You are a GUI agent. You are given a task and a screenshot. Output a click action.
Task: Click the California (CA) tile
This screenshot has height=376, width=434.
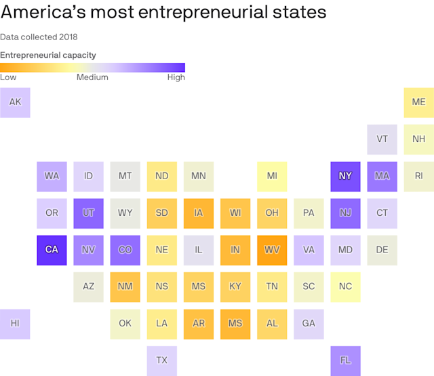52,250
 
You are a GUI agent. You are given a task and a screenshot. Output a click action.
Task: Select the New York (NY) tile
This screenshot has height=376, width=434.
345,176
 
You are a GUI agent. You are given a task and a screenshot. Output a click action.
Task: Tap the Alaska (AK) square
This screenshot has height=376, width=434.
15,102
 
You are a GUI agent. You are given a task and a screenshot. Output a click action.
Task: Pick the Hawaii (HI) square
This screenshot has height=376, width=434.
15,323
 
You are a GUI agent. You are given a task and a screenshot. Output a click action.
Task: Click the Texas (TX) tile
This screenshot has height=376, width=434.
161,360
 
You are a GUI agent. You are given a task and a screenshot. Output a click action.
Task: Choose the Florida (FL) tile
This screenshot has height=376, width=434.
345,360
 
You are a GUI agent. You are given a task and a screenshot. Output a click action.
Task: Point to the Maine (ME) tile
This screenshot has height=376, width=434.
418,102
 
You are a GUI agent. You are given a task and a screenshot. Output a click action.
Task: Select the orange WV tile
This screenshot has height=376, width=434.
272,250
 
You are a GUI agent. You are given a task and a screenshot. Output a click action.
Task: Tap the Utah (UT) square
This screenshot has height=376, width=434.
88,213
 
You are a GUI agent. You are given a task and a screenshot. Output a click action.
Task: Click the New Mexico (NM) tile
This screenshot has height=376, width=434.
125,286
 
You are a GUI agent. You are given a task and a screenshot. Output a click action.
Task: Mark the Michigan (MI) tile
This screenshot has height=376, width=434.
272,176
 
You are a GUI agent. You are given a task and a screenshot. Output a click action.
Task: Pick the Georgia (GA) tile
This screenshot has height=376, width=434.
309,323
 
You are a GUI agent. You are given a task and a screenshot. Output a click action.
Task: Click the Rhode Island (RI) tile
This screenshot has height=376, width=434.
418,176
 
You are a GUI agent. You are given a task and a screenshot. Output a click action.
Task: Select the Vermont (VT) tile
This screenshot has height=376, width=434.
382,139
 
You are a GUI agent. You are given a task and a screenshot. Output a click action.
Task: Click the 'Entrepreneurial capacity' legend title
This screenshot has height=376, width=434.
48,55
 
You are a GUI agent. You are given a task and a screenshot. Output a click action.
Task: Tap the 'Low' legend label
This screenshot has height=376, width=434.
9,77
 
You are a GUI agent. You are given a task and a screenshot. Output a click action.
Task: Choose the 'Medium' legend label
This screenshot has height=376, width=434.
92,77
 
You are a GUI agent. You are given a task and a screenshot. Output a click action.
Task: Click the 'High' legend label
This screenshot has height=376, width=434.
176,77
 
